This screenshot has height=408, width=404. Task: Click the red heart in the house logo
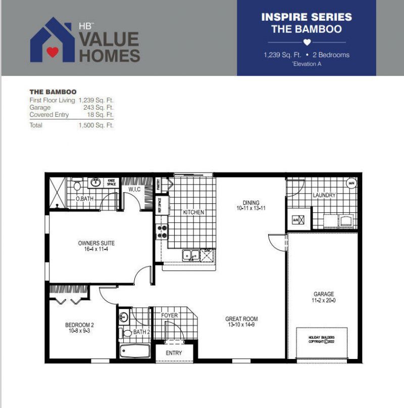pos(53,51)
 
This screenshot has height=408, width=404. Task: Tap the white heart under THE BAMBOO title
pos(307,42)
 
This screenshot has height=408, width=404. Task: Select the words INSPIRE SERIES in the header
pos(306,17)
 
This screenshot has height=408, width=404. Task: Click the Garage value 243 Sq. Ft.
pos(98,108)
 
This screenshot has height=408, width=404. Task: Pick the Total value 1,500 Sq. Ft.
pos(96,125)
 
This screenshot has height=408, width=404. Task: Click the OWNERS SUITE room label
pos(96,243)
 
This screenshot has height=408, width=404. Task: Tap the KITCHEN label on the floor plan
pos(193,212)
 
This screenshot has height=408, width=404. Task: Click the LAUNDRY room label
pos(324,195)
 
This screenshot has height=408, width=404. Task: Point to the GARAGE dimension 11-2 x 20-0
pos(323,301)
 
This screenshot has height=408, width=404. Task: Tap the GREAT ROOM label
pos(241,319)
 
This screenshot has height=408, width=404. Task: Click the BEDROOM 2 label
pos(80,325)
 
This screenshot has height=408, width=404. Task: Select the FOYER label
pos(170,315)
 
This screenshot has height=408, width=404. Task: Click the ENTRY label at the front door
pos(174,353)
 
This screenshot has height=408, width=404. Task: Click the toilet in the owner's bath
pos(77,187)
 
